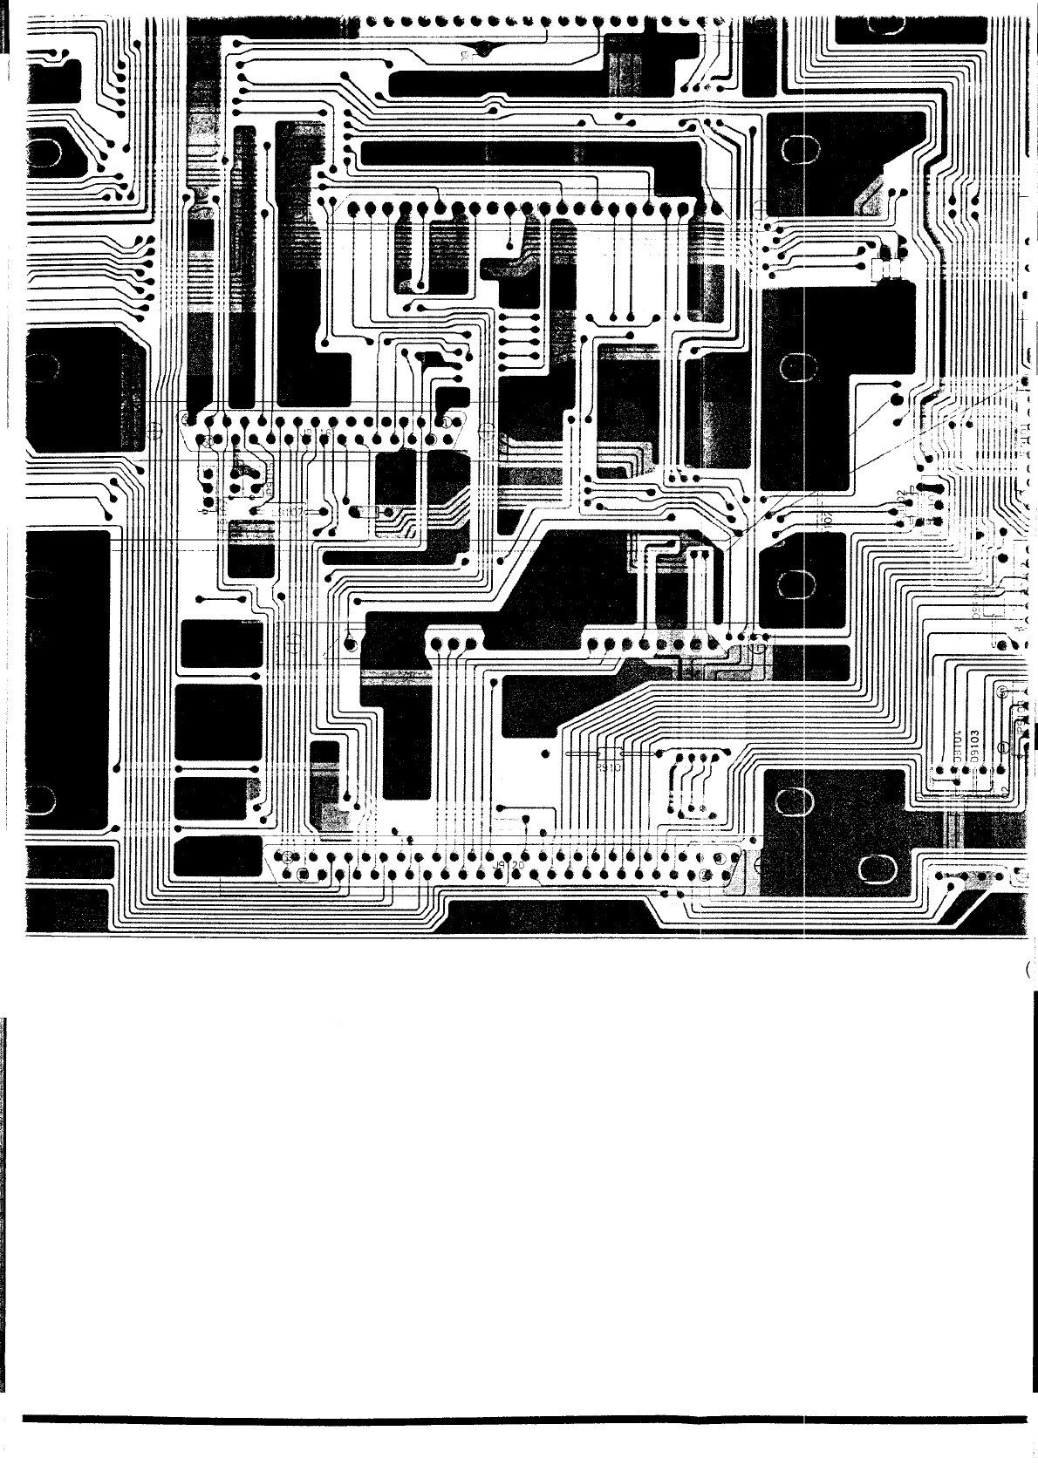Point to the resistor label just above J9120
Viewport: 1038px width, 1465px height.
pyautogui.click(x=609, y=768)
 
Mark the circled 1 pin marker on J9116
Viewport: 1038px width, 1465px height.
pyautogui.click(x=447, y=421)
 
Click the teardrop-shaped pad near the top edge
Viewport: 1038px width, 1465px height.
pyautogui.click(x=481, y=50)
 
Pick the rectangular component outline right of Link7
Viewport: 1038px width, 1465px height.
pyautogui.click(x=366, y=512)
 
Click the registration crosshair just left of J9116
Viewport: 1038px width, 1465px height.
pyautogui.click(x=155, y=429)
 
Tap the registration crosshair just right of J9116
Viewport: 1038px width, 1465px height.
pyautogui.click(x=487, y=429)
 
